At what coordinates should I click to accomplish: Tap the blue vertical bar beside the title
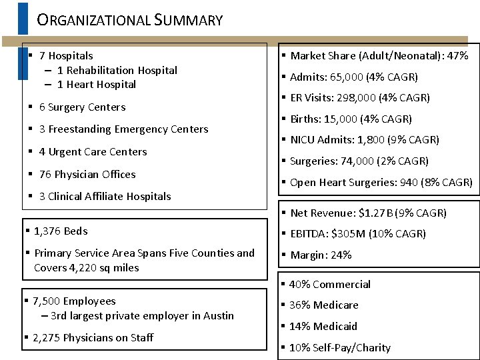(x=23, y=18)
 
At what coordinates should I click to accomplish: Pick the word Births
(x=305, y=119)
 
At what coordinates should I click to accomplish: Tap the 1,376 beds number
(x=47, y=231)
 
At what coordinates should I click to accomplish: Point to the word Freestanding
(x=80, y=129)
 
